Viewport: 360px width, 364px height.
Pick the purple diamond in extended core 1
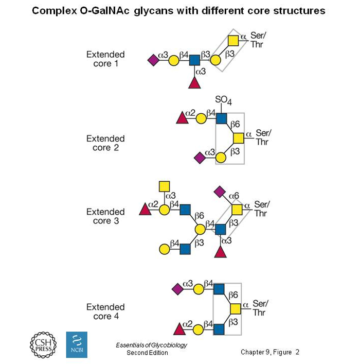[x=153, y=61]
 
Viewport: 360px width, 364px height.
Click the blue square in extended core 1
[x=194, y=61]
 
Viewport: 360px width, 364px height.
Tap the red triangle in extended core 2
[x=182, y=119]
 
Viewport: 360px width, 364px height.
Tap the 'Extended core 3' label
[x=105, y=216]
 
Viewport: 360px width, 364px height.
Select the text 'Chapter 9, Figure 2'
[x=269, y=352]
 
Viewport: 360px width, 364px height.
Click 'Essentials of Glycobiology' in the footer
[x=151, y=345]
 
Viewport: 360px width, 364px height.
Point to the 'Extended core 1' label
[x=105, y=59]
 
